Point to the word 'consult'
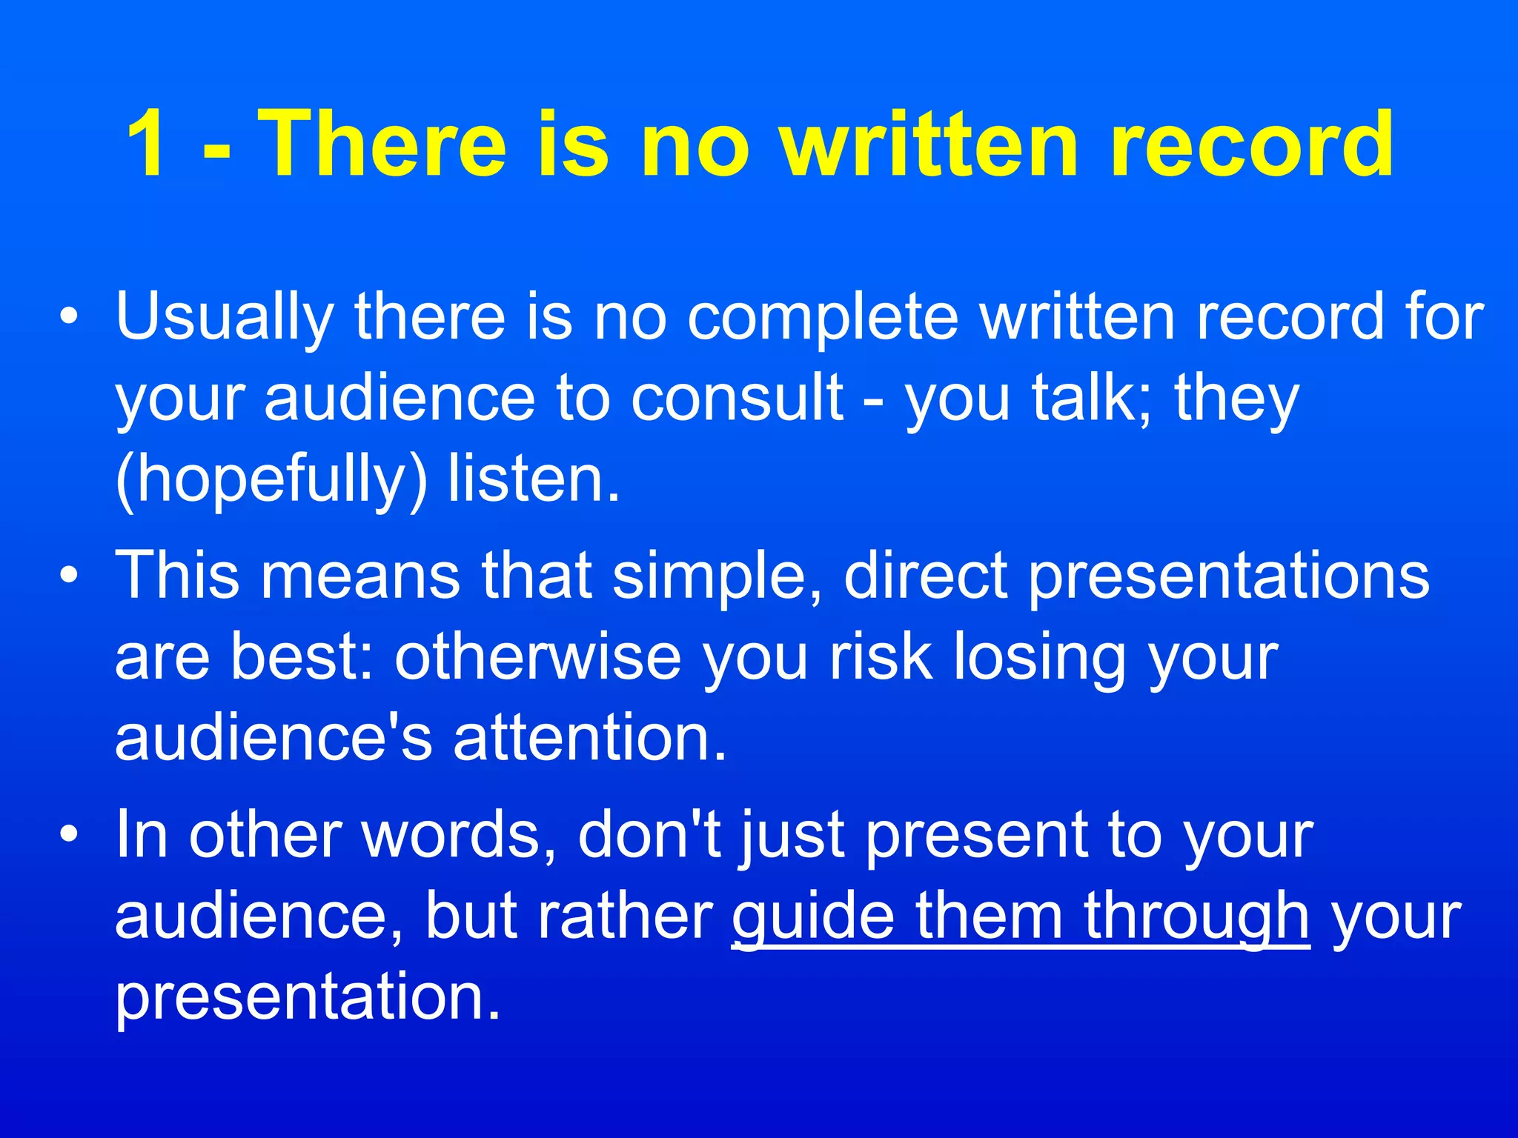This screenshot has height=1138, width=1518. click(737, 399)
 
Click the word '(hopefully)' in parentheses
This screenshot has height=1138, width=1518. click(271, 480)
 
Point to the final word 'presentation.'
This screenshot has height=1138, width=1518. click(308, 999)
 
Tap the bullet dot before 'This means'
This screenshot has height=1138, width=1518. click(69, 576)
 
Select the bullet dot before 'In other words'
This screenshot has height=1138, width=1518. click(69, 836)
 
